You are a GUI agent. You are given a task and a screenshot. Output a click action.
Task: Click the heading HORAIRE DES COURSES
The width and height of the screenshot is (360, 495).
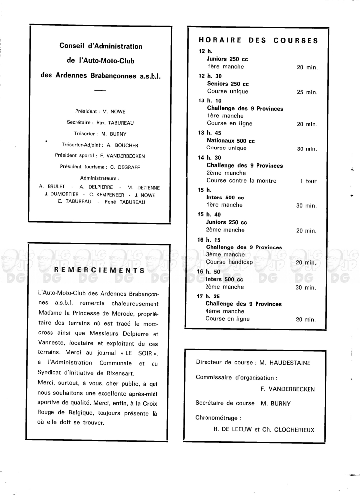(x=258, y=41)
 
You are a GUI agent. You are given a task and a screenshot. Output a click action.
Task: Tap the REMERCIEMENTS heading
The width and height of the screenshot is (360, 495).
(x=99, y=270)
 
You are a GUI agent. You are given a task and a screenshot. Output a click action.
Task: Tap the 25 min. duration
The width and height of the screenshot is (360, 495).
(x=307, y=92)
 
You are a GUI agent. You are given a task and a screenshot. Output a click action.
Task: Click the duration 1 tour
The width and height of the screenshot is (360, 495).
(x=308, y=181)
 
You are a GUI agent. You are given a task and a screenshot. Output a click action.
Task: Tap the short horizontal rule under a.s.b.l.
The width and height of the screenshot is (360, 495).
(x=101, y=91)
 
